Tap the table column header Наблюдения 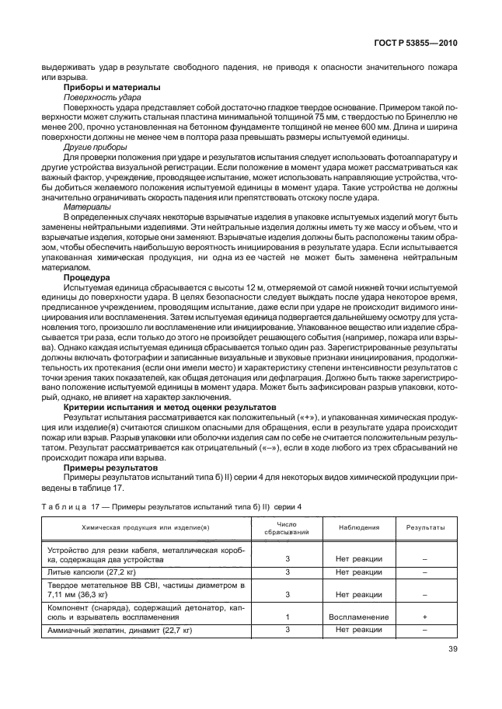point(358,527)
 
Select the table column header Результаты point(425,527)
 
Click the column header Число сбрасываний point(287,528)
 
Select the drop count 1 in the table point(287,617)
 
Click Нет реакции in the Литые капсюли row point(358,572)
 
